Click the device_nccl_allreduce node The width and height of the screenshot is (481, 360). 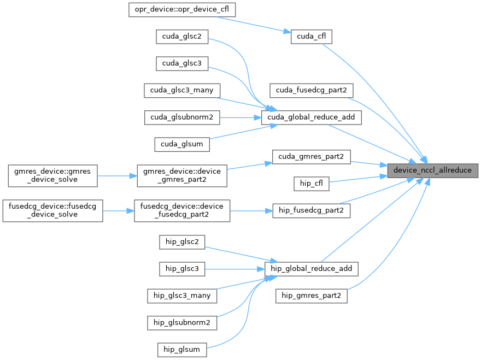[x=433, y=170]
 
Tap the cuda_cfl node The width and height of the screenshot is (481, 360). [x=311, y=37]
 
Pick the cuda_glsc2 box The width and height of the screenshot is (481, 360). [x=182, y=37]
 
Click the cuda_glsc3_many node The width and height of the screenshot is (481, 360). [x=182, y=90]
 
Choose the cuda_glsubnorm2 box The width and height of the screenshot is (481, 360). [x=182, y=117]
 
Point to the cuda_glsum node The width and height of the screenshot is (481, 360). [x=182, y=144]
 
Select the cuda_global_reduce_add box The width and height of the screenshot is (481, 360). [x=311, y=117]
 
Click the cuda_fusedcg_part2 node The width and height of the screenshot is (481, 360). [x=311, y=90]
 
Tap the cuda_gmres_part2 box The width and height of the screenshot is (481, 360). [x=311, y=157]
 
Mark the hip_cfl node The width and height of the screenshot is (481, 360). [x=311, y=184]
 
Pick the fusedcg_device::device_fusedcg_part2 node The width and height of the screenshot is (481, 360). [x=182, y=210]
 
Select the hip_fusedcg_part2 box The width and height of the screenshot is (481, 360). [x=311, y=210]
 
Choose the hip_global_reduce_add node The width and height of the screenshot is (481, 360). [x=311, y=269]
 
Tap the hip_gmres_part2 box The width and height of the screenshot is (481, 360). [x=311, y=296]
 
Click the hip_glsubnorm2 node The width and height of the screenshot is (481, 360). [x=182, y=322]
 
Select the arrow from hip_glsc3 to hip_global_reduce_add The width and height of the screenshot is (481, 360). [x=234, y=269]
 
